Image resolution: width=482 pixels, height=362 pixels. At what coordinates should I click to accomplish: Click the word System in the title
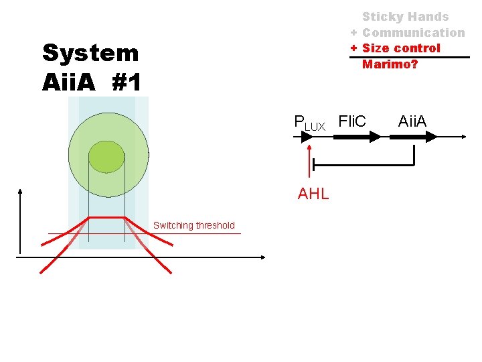[90, 53]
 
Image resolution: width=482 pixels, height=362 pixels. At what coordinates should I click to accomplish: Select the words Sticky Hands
[406, 17]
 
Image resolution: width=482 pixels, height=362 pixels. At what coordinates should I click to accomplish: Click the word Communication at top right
[413, 32]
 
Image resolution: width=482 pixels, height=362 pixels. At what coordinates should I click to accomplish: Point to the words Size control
[401, 48]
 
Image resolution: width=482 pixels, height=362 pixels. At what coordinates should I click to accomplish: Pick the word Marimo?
[390, 64]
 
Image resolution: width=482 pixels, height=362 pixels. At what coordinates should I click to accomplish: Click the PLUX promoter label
[309, 123]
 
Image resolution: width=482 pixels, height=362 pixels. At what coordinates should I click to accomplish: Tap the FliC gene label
[352, 121]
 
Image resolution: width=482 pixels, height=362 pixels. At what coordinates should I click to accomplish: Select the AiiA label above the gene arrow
[412, 121]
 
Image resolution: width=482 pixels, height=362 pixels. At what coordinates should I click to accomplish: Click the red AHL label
[313, 194]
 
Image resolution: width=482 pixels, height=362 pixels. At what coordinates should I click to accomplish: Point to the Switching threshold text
[194, 225]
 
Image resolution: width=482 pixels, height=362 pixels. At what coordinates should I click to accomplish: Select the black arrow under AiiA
[414, 137]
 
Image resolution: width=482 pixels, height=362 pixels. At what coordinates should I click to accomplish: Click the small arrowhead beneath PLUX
[306, 137]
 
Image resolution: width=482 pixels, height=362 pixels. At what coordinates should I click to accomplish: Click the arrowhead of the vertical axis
[21, 192]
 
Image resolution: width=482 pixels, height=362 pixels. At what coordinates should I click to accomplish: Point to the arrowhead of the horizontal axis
[263, 255]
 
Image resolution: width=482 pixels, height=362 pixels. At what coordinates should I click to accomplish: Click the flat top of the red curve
[106, 218]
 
